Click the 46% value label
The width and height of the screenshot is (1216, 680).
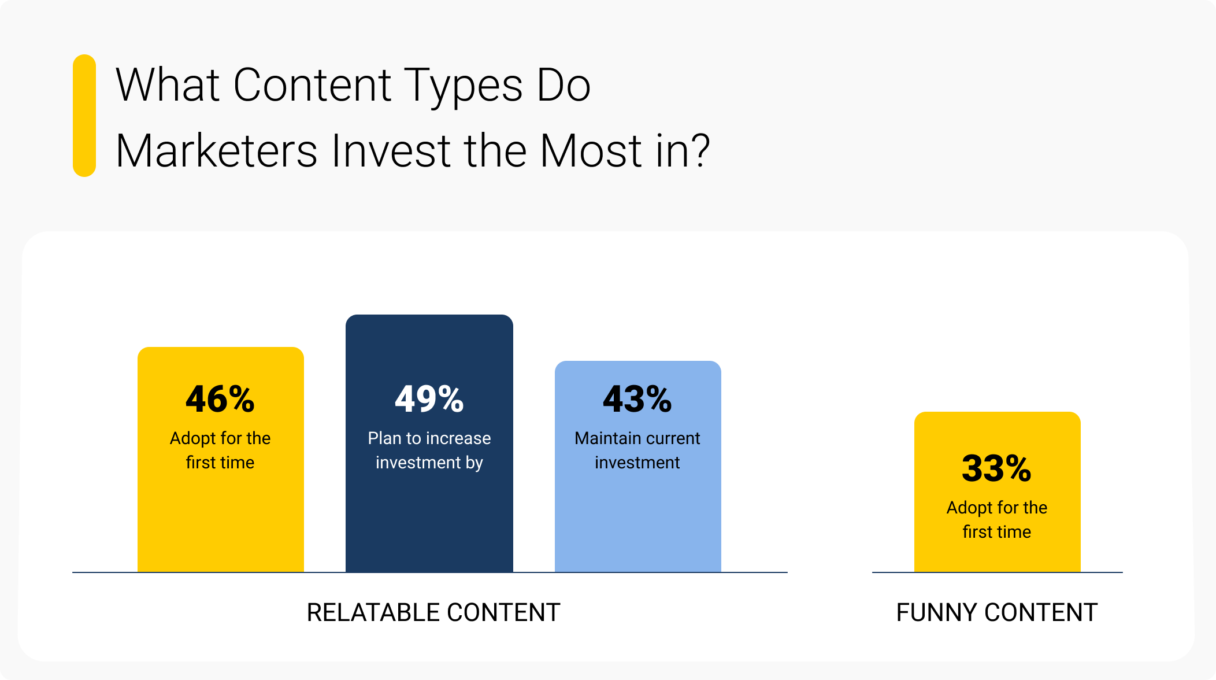(x=220, y=399)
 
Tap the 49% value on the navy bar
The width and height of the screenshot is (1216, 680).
(x=429, y=399)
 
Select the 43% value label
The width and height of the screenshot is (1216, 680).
(x=637, y=399)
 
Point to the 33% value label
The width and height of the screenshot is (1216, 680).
(x=996, y=468)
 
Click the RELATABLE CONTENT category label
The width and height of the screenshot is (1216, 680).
(x=433, y=612)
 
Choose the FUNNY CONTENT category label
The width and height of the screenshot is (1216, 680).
(x=996, y=612)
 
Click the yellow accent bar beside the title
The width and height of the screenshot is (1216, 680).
(x=84, y=116)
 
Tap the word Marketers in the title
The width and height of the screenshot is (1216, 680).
(x=216, y=151)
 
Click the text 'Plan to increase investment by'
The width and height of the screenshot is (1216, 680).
(x=429, y=450)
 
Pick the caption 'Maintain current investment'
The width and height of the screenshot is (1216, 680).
(x=637, y=450)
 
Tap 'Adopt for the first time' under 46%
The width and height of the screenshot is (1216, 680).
(x=220, y=450)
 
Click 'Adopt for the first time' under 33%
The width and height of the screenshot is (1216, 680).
(x=996, y=520)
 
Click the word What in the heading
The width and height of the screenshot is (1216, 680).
(x=168, y=86)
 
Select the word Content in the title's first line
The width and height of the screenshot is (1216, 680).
(x=312, y=86)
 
